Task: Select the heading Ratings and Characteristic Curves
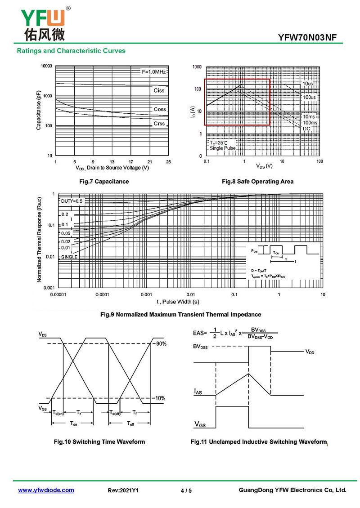[71, 51]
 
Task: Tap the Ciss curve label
[159, 90]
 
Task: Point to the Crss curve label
[159, 124]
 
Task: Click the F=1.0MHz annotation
[154, 72]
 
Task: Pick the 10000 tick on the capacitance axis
[46, 66]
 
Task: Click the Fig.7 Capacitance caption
[104, 182]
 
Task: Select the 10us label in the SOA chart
[308, 84]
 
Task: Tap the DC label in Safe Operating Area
[306, 129]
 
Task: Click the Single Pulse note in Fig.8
[222, 148]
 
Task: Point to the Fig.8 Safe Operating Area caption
[257, 182]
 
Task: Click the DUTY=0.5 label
[72, 201]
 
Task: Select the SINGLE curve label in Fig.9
[69, 257]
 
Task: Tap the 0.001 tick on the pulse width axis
[146, 294]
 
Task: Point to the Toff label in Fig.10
[130, 423]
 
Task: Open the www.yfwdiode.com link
[46, 490]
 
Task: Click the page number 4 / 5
[186, 490]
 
